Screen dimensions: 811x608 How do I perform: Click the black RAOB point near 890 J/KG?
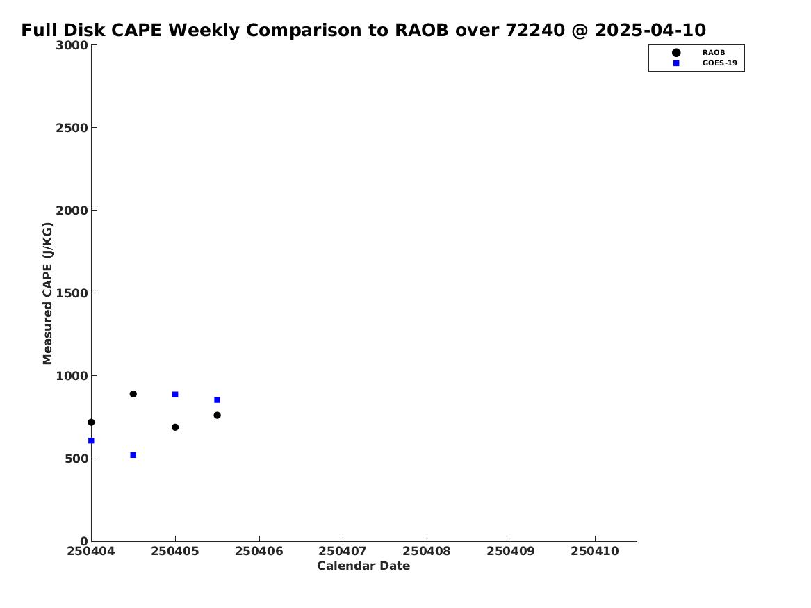pos(133,394)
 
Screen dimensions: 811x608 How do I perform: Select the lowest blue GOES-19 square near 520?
pos(133,455)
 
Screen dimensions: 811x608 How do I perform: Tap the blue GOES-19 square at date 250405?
pos(175,395)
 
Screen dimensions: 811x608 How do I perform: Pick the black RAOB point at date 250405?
pos(175,427)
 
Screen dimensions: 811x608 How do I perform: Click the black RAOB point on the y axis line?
pos(91,422)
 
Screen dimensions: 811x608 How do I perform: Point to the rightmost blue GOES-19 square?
pos(218,400)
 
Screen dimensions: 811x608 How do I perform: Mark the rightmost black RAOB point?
pos(218,415)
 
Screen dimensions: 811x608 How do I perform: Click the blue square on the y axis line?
pos(91,441)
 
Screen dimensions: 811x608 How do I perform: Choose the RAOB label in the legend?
pos(714,52)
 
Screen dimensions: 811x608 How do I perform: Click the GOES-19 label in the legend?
pos(719,63)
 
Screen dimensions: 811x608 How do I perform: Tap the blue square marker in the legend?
pos(676,63)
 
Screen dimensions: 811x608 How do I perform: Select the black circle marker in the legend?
pos(676,52)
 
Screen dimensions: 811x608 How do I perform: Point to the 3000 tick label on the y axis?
pos(72,45)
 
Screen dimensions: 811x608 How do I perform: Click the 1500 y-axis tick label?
pos(72,293)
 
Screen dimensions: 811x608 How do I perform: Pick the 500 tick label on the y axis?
pos(76,459)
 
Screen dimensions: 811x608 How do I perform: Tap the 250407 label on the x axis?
pos(343,551)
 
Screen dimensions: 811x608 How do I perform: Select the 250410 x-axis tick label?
pos(595,551)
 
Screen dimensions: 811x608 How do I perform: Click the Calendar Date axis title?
pos(363,566)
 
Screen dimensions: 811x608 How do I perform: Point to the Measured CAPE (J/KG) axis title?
pos(47,293)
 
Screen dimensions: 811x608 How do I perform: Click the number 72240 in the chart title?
pos(535,30)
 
